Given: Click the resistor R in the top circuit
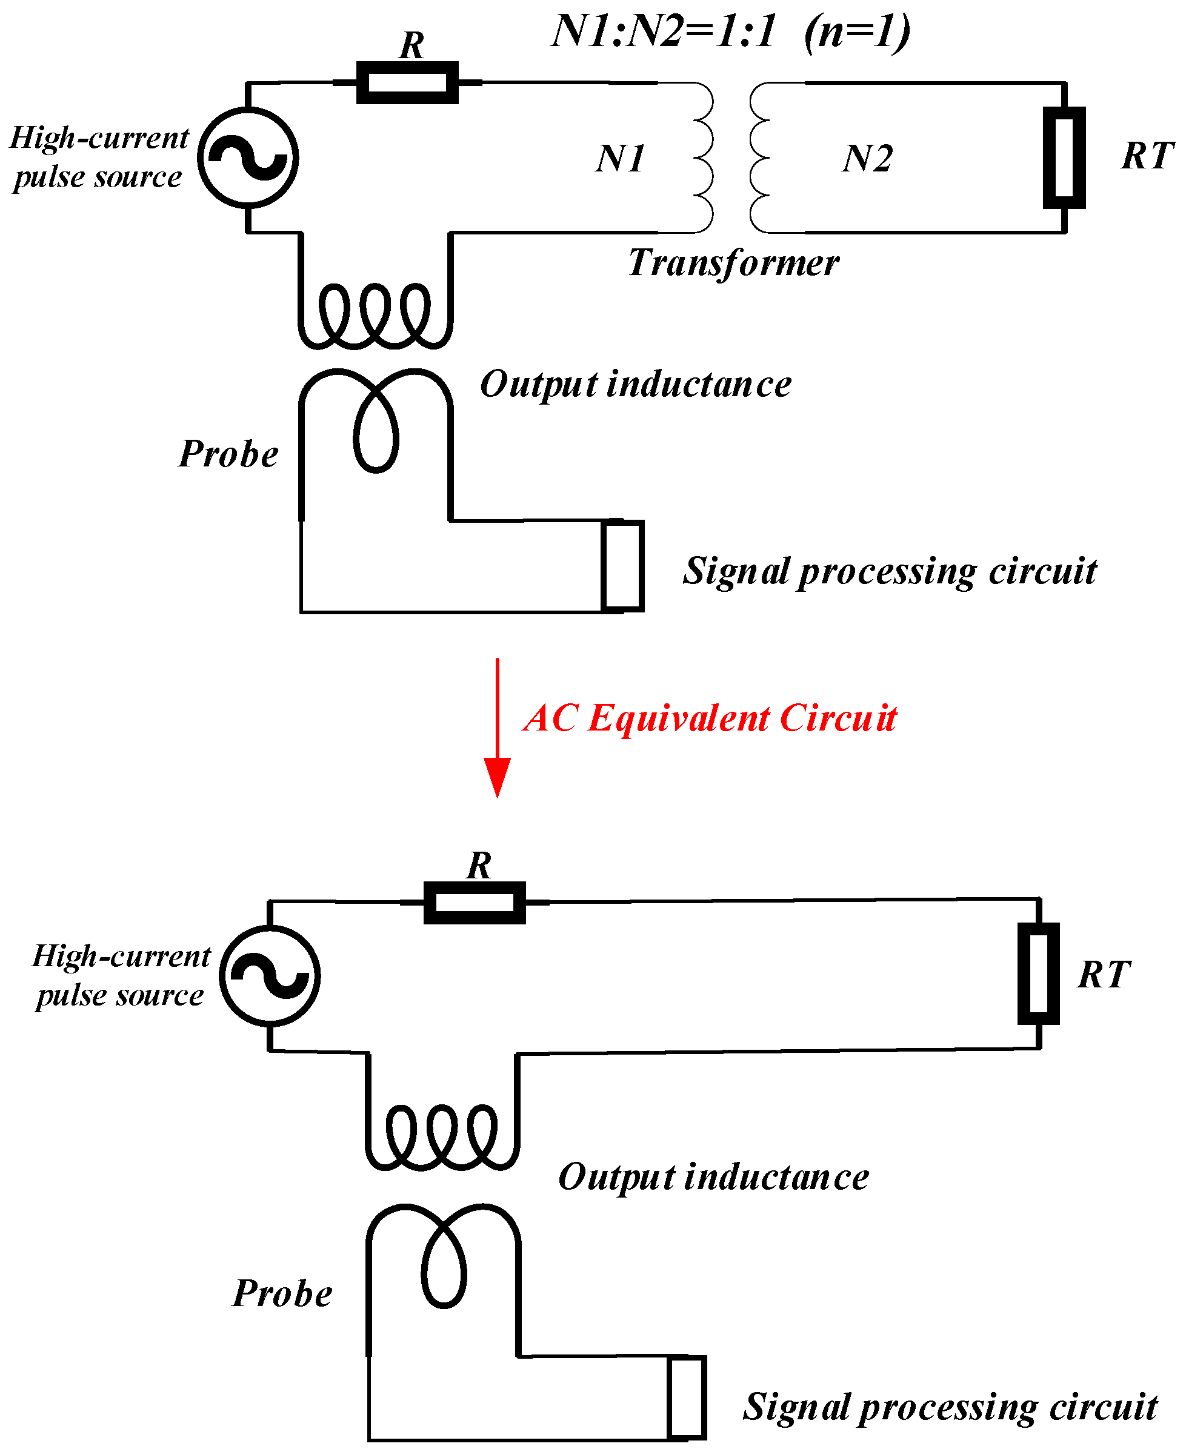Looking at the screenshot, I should point(407,82).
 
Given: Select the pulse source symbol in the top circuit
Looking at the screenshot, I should point(248,157).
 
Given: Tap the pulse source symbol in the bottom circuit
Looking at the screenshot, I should point(270,976).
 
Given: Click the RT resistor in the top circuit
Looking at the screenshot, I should point(1064,157).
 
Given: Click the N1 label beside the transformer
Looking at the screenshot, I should point(619,159).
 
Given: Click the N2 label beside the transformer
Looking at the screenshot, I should point(867,159).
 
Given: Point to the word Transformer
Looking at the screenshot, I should point(733,263).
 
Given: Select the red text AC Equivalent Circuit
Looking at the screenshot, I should point(710,718).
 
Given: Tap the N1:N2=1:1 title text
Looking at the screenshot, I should point(731,31).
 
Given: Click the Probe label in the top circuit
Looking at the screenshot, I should point(228,454).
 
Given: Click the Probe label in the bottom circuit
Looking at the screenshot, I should point(282,1293).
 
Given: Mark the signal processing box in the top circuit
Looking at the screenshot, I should point(622,566).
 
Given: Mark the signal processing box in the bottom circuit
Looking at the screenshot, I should point(686,1397).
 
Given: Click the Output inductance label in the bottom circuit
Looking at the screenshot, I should point(713,1178).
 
